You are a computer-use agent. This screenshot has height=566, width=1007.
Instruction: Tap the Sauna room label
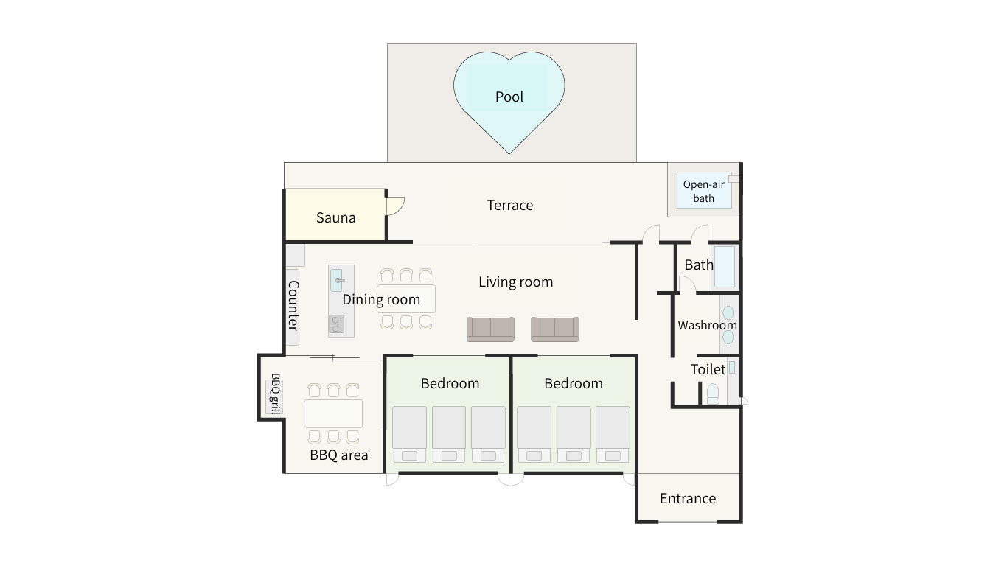(336, 217)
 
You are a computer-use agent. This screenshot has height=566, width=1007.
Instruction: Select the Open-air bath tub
(704, 190)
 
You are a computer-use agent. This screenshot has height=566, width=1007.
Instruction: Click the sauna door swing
(397, 206)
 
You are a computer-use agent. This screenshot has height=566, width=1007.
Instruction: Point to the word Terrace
(510, 205)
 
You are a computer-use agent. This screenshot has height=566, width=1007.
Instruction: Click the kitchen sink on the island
(337, 280)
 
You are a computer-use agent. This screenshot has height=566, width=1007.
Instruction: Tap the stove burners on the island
(336, 324)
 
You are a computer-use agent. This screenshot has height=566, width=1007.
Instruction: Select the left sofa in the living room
(490, 329)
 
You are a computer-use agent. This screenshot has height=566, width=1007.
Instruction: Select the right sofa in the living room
(555, 329)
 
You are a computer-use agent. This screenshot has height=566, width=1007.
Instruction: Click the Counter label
(293, 306)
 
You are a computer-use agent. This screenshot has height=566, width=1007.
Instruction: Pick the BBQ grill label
(275, 394)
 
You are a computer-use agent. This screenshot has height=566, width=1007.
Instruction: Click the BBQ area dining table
(333, 413)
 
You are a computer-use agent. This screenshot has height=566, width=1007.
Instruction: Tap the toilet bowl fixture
(713, 394)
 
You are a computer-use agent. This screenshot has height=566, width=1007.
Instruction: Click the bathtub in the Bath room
(725, 266)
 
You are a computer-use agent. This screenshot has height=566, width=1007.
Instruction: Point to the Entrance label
(688, 498)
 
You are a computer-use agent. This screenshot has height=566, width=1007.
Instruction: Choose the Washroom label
(707, 325)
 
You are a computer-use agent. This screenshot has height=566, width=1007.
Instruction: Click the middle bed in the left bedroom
(449, 434)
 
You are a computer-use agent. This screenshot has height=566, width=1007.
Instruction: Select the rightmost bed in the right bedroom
(613, 434)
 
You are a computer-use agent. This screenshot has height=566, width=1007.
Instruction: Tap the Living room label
(515, 282)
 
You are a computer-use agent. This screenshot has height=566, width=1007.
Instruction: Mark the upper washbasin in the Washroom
(728, 313)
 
